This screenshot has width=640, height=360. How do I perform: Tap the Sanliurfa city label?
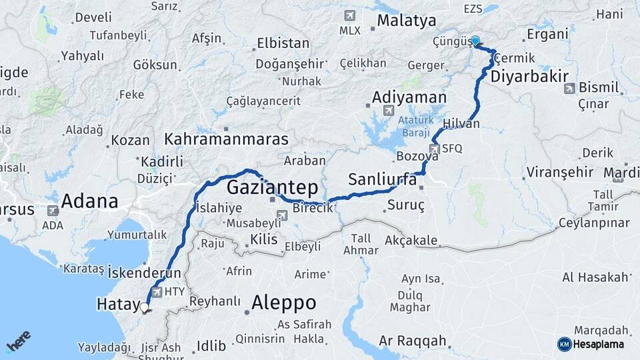[x=383, y=179]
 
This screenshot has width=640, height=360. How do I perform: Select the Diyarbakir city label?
[x=528, y=77]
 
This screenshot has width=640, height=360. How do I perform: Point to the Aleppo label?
[x=283, y=303]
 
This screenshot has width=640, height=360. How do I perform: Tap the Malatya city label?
[x=406, y=21]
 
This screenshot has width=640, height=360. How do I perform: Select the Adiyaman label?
[x=409, y=97]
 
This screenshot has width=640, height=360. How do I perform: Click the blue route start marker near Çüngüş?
[x=475, y=41]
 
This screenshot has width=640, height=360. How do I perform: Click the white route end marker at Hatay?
[x=145, y=307]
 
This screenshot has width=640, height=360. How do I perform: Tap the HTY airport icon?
[x=157, y=292]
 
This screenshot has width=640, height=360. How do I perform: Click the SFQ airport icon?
[x=435, y=149]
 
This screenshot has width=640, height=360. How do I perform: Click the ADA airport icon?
[x=53, y=210]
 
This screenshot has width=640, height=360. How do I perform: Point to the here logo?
[x=19, y=342]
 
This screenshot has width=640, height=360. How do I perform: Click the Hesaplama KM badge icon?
[x=564, y=343]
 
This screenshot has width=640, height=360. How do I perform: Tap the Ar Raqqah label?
[x=412, y=341]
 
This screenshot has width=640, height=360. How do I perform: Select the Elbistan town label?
[x=283, y=43]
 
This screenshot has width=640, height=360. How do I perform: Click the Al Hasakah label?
[x=595, y=277]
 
